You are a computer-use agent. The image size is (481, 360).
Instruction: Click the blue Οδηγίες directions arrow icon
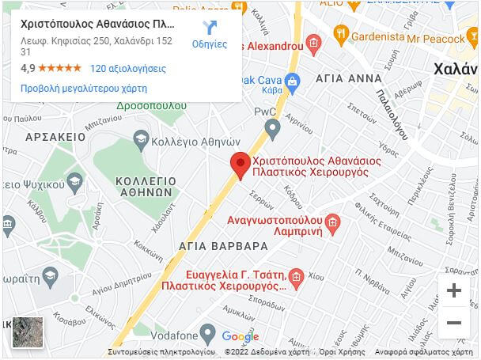tap(210, 28)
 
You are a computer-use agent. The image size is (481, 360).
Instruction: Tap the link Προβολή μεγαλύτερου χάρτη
tap(83, 89)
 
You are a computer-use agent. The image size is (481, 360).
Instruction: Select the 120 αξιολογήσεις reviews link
tap(128, 69)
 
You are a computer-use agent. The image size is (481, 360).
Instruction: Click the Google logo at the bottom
tap(240, 336)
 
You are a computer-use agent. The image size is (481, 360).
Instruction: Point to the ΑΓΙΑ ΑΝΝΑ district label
tap(343, 80)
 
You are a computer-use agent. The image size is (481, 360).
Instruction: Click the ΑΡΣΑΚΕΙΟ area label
tap(55, 137)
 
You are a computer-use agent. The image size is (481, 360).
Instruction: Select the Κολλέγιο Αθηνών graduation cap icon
tap(141, 139)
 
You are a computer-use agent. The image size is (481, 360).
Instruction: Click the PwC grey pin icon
tap(272, 127)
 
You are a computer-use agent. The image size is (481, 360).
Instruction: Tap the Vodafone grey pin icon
tap(207, 333)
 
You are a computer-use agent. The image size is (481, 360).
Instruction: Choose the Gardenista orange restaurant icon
tap(342, 33)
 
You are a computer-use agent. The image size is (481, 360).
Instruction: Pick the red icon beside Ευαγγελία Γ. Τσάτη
tap(296, 278)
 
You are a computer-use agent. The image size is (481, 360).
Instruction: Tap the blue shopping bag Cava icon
tap(292, 80)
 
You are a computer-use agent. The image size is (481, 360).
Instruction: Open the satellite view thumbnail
tap(27, 333)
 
